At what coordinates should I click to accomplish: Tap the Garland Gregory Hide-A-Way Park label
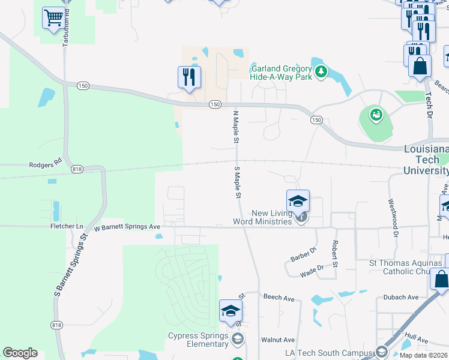click(x=281, y=72)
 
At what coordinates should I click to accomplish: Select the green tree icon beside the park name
click(x=322, y=72)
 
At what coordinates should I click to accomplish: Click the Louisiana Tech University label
click(x=426, y=160)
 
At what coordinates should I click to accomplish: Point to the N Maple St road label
click(x=236, y=127)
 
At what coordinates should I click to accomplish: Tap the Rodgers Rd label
click(x=46, y=164)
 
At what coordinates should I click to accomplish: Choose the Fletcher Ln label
click(x=67, y=227)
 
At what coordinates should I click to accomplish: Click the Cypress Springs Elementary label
click(x=198, y=340)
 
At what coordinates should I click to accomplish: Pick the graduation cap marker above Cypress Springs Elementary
click(x=231, y=310)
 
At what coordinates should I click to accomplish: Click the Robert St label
click(x=335, y=254)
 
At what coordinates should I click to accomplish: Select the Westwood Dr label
click(x=393, y=218)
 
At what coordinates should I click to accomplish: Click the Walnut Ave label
click(x=278, y=340)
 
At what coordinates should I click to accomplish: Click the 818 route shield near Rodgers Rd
click(x=76, y=170)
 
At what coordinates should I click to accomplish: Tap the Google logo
click(x=20, y=353)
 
